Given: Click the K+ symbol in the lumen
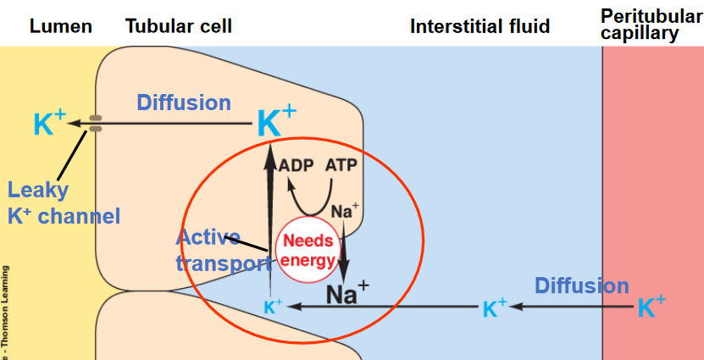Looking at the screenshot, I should [x=49, y=125].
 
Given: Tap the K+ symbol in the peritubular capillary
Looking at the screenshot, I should [x=651, y=306].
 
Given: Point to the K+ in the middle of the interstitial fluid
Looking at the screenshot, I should [x=495, y=307].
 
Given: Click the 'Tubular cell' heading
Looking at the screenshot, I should [x=179, y=26].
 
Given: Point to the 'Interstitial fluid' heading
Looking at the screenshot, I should [x=479, y=26].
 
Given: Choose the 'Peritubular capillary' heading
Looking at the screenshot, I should [x=651, y=25].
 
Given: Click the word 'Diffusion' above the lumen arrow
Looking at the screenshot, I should [x=184, y=102].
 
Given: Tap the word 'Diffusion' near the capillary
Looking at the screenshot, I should [x=581, y=285].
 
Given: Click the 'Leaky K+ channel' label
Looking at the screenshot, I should [x=63, y=203].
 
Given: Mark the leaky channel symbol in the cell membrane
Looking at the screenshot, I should [x=96, y=124].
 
